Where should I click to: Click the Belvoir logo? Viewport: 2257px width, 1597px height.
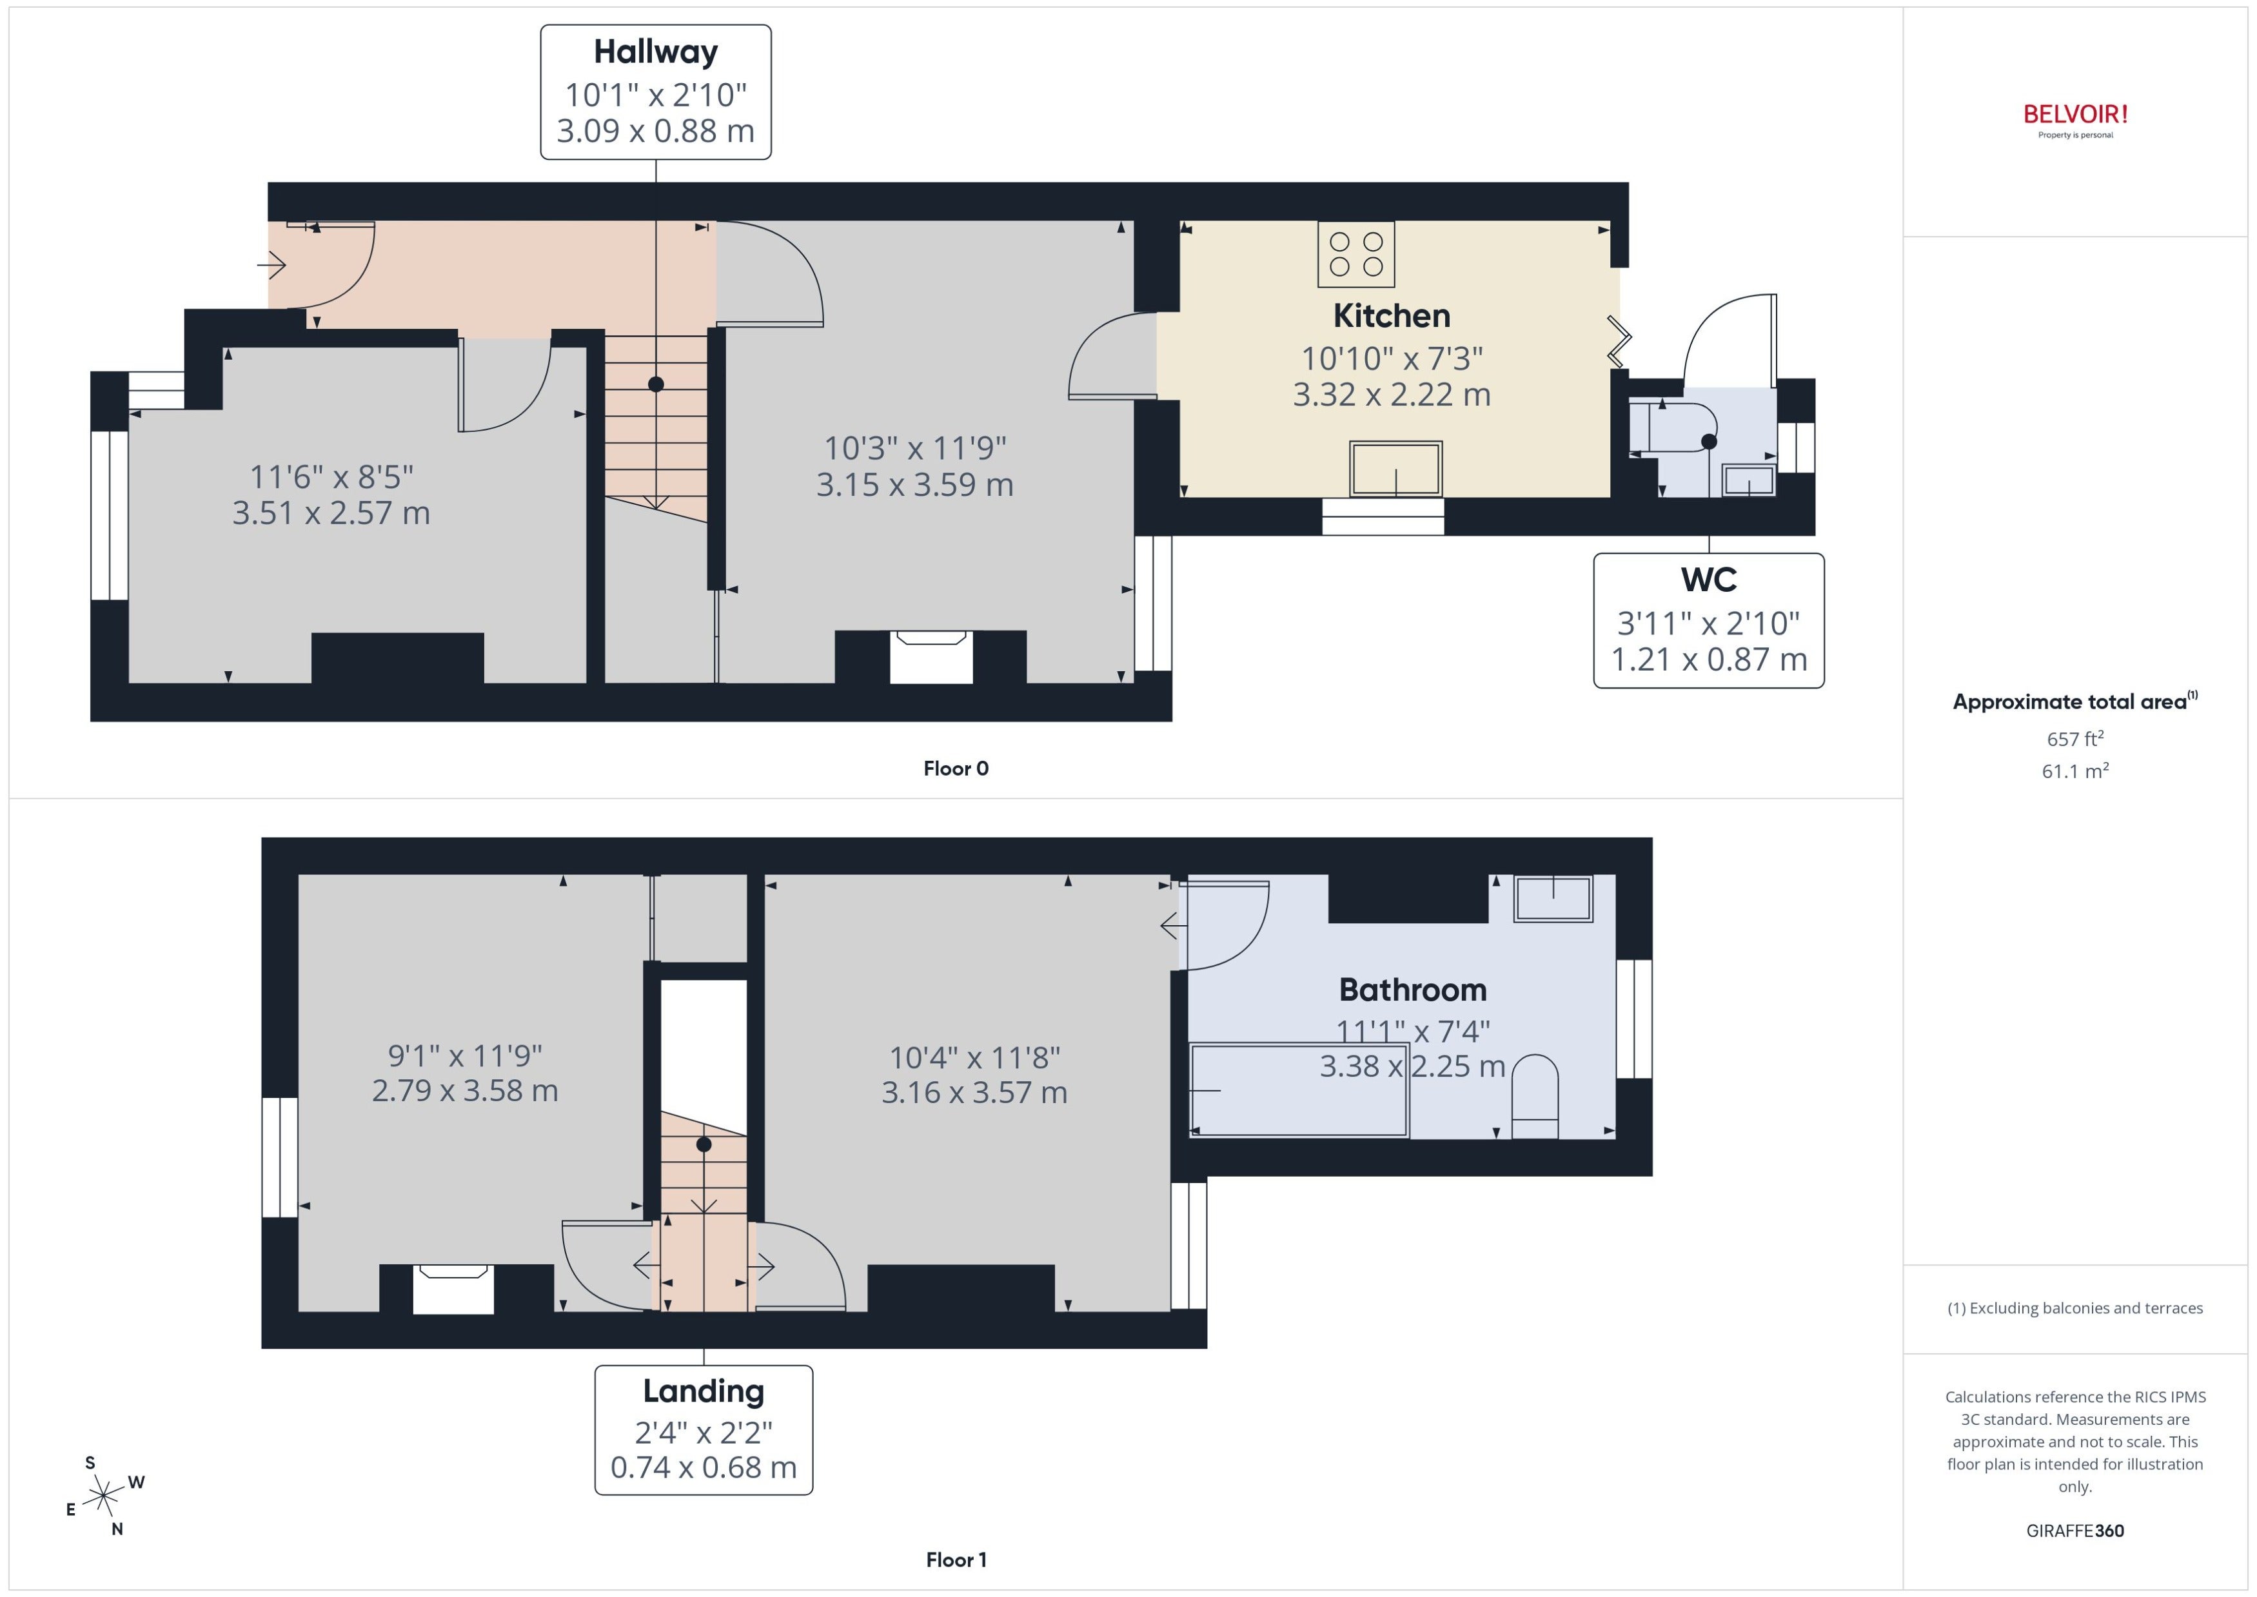[x=2075, y=120]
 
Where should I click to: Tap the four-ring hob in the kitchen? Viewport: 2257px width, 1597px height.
[x=1356, y=254]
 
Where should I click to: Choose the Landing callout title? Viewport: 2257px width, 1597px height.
[x=703, y=1391]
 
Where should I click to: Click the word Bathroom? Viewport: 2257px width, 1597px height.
[x=1412, y=989]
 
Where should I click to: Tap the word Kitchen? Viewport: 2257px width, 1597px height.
[x=1392, y=316]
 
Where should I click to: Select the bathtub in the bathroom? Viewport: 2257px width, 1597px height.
[x=1299, y=1090]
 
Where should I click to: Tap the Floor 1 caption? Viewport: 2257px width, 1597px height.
[x=956, y=1560]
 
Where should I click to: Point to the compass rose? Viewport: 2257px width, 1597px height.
[x=103, y=1496]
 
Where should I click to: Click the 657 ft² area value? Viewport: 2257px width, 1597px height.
[x=2075, y=738]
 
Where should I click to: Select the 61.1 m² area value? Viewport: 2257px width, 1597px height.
[x=2075, y=771]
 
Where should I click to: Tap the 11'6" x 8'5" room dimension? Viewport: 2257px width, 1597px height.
[x=331, y=477]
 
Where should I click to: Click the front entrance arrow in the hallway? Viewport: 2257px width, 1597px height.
[x=271, y=264]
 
